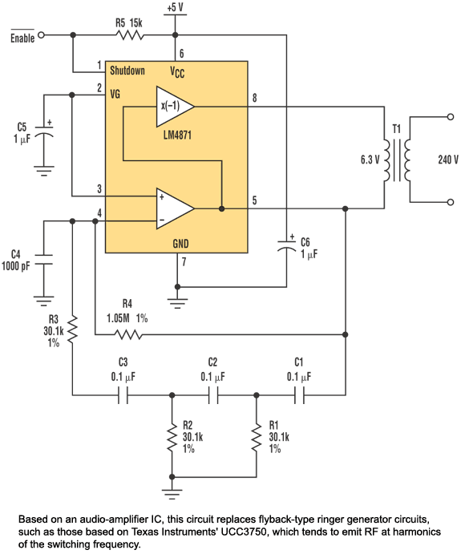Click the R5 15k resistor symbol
pyautogui.click(x=130, y=35)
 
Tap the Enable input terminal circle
pyautogui.click(x=42, y=35)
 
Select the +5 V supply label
pyautogui.click(x=175, y=7)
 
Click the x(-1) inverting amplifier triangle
pyautogui.click(x=175, y=106)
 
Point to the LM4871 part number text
pyautogui.click(x=177, y=135)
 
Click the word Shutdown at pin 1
pyautogui.click(x=127, y=71)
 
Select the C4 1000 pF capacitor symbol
pyautogui.click(x=44, y=260)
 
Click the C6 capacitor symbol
pyautogui.click(x=286, y=246)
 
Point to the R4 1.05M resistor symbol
pyautogui.click(x=127, y=334)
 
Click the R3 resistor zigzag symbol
pyautogui.click(x=72, y=330)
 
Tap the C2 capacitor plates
pyautogui.click(x=213, y=395)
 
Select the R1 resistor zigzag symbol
pyautogui.click(x=257, y=438)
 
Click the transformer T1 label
pyautogui.click(x=397, y=129)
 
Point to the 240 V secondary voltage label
pyautogui.click(x=448, y=160)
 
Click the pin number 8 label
pyautogui.click(x=254, y=98)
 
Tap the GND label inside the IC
pyautogui.click(x=180, y=244)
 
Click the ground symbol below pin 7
pyautogui.click(x=177, y=303)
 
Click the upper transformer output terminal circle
pyautogui.click(x=451, y=117)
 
